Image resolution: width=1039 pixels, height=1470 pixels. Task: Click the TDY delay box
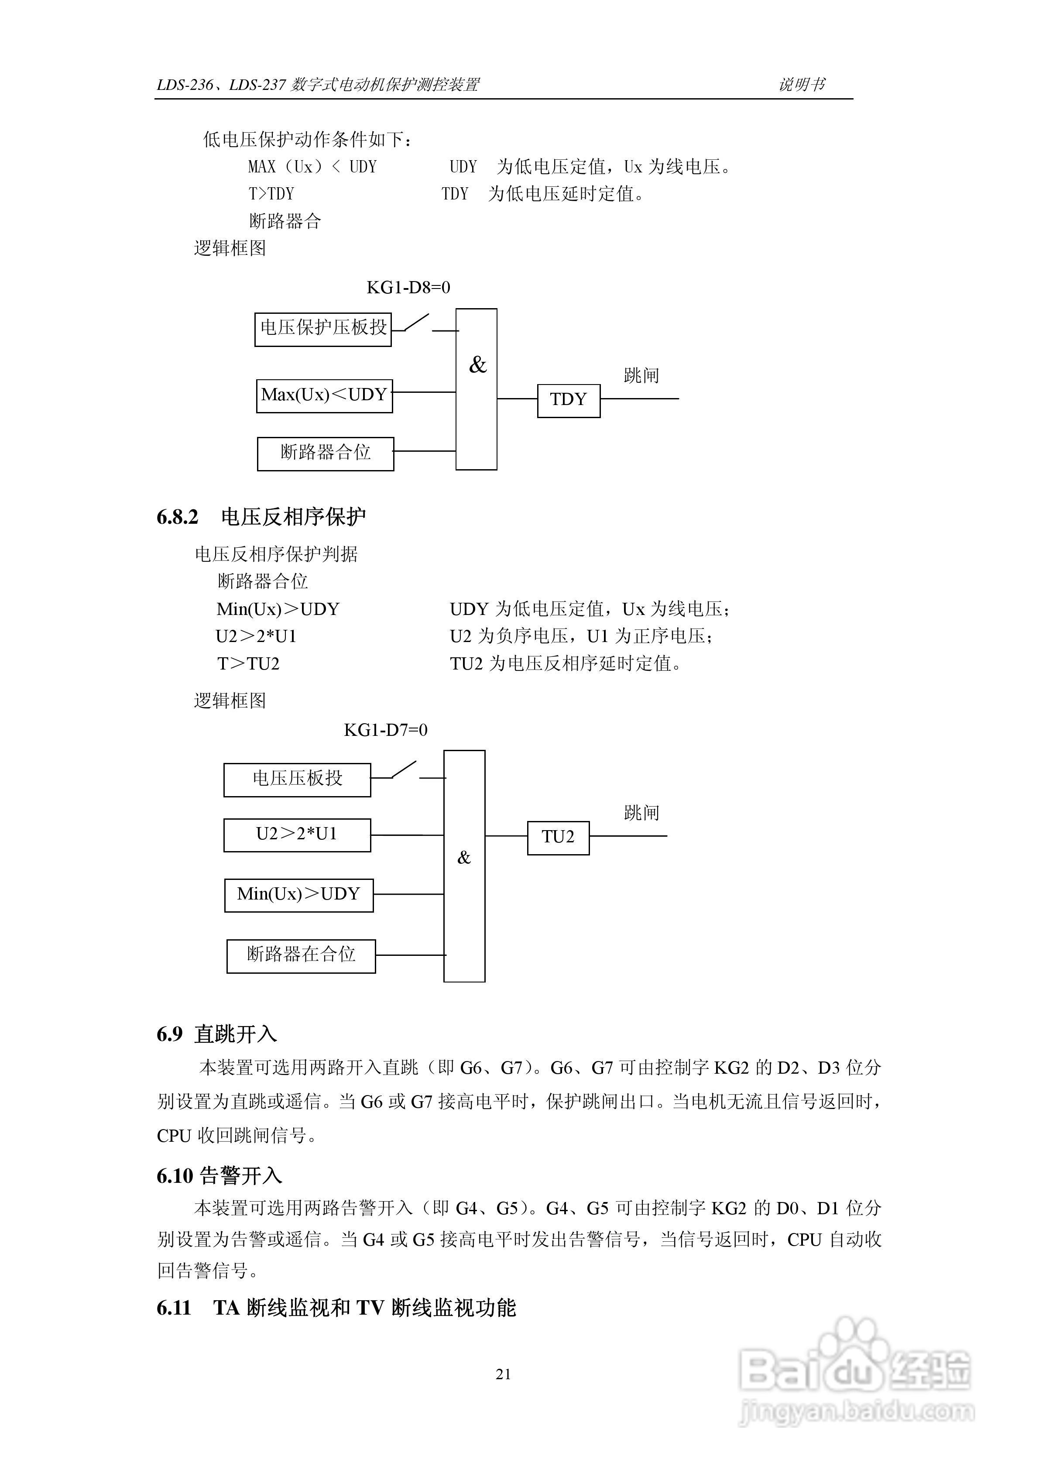click(569, 401)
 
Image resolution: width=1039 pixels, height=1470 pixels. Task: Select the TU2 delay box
click(558, 838)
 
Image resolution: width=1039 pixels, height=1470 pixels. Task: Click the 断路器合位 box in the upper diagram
click(325, 453)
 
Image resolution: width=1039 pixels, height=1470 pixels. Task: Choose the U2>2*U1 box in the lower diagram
click(297, 835)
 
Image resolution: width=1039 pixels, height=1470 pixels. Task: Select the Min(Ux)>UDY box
click(298, 894)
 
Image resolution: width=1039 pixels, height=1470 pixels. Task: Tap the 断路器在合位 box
click(301, 956)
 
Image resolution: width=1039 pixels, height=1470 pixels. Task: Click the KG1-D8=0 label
click(408, 288)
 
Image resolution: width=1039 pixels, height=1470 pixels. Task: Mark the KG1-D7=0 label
click(385, 730)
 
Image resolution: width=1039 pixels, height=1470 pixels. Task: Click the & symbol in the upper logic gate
click(477, 365)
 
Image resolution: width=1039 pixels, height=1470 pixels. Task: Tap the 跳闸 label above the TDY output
click(641, 375)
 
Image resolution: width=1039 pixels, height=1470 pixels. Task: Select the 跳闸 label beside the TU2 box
click(641, 813)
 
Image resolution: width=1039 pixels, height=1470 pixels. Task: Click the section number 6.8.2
click(177, 517)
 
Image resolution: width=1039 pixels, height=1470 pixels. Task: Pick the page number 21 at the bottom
click(503, 1374)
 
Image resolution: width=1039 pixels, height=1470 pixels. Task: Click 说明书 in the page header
click(802, 85)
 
